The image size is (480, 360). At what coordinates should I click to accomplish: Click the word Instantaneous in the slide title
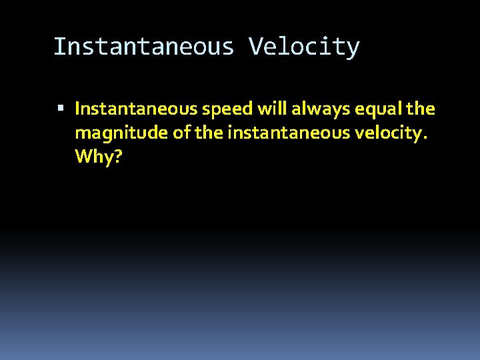pos(143,47)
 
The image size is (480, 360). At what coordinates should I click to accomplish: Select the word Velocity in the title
pos(304,47)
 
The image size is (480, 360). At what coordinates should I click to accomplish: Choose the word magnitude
pos(121,133)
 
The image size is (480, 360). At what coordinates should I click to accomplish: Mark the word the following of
pos(209,133)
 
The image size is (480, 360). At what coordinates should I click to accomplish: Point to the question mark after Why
pos(118,157)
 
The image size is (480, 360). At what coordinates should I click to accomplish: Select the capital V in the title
pos(255,47)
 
